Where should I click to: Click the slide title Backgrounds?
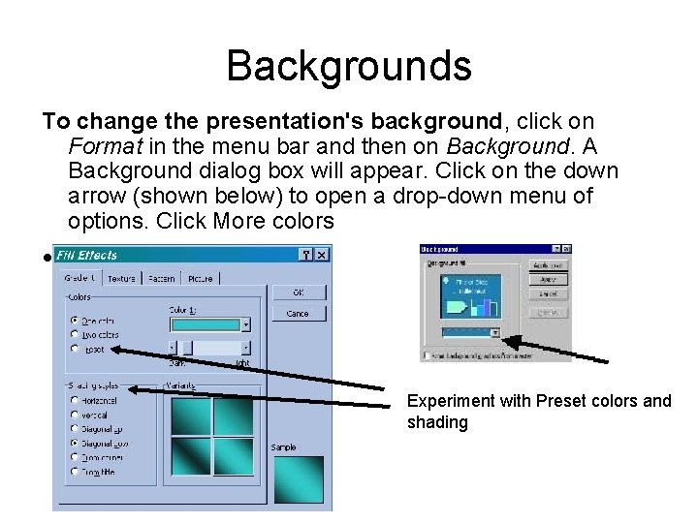coord(349,66)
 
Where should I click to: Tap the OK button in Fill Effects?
coord(298,292)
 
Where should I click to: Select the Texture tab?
coord(121,279)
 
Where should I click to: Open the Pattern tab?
coord(162,279)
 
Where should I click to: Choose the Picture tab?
coord(200,279)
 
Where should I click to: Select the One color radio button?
coord(76,321)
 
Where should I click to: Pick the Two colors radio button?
coord(76,334)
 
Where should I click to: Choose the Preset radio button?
coord(76,348)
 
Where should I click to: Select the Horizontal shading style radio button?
coord(76,400)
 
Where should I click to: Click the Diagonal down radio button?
coord(76,443)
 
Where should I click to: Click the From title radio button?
coord(76,472)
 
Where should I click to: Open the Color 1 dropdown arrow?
coord(245,325)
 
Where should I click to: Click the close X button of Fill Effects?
coord(322,255)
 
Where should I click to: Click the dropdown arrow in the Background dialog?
coord(494,332)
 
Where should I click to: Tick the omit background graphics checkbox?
coord(426,355)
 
